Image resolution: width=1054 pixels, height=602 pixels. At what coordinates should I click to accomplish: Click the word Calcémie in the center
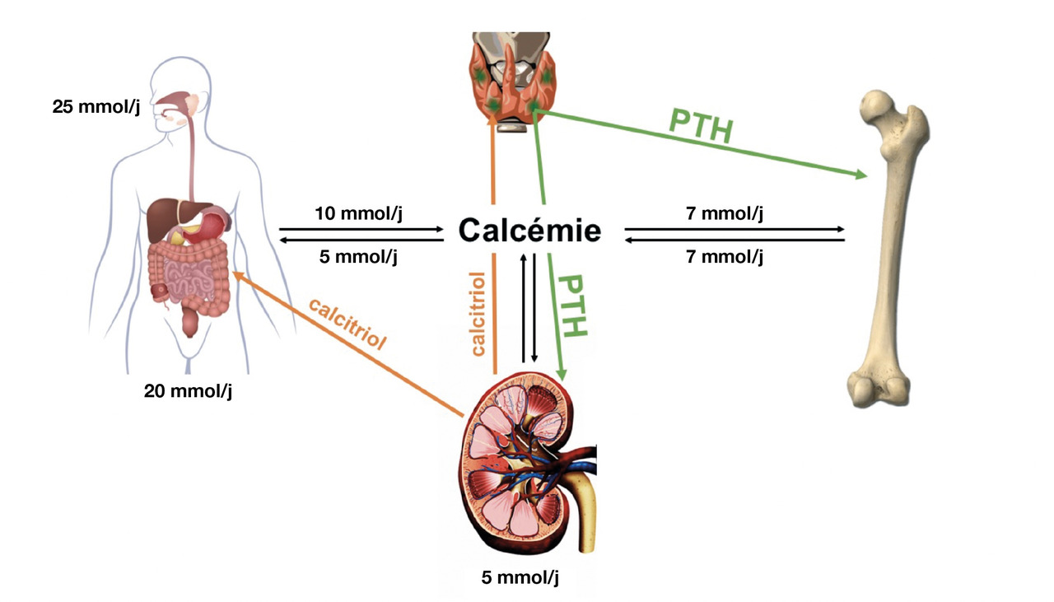click(x=529, y=231)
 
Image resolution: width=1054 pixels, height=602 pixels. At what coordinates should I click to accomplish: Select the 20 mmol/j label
click(x=188, y=390)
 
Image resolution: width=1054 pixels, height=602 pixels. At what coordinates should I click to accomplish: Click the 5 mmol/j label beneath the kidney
click(x=520, y=577)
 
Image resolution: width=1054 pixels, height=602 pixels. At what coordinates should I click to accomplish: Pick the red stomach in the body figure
click(x=217, y=222)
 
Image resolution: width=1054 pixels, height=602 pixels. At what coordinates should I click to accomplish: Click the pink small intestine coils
click(x=189, y=276)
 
